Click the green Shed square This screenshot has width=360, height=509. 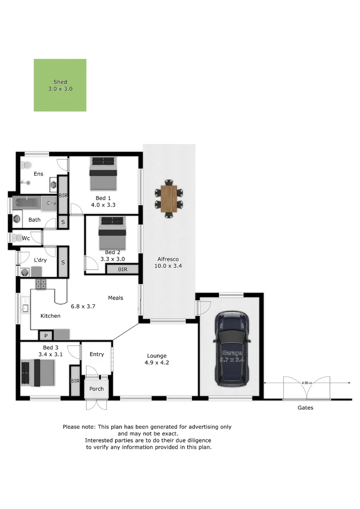(x=60, y=85)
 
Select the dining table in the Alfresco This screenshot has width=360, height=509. (x=169, y=198)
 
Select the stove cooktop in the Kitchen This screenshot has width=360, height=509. (x=41, y=284)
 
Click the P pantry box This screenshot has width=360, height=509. (x=46, y=336)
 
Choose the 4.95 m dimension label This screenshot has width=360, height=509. (x=307, y=384)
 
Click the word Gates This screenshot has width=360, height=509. (x=305, y=408)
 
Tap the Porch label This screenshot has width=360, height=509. (x=96, y=389)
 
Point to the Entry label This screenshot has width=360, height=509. (x=96, y=354)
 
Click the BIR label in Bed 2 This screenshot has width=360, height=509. (x=123, y=270)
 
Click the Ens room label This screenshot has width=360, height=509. (x=38, y=174)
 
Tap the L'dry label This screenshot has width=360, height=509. (x=40, y=260)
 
